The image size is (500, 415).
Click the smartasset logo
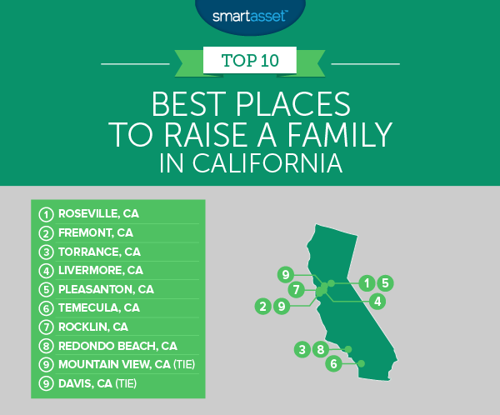pyautogui.click(x=250, y=16)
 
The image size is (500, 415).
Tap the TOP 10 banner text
pyautogui.click(x=250, y=60)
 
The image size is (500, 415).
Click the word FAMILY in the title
pyautogui.click(x=340, y=135)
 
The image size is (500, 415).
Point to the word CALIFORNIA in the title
pyautogui.click(x=267, y=163)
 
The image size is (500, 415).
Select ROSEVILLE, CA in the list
pyautogui.click(x=98, y=213)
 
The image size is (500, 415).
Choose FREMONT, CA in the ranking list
pyautogui.click(x=96, y=232)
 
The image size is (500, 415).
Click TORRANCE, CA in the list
pyautogui.click(x=99, y=252)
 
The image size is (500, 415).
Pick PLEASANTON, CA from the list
pyautogui.click(x=106, y=289)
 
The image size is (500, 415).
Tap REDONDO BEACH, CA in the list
pyautogui.click(x=117, y=346)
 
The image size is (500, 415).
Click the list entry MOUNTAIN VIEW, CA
pyautogui.click(x=114, y=364)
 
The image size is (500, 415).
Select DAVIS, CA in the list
pyautogui.click(x=85, y=383)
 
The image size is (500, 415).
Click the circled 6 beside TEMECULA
pyautogui.click(x=46, y=308)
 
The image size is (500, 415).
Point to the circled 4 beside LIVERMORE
pyautogui.click(x=46, y=271)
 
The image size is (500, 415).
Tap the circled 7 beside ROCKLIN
pyautogui.click(x=46, y=327)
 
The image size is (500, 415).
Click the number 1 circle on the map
pyautogui.click(x=367, y=283)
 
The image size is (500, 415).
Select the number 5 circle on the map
pyautogui.click(x=385, y=283)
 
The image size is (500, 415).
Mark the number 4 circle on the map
pyautogui.click(x=377, y=301)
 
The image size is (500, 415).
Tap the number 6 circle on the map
pyautogui.click(x=333, y=363)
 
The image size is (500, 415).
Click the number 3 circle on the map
pyautogui.click(x=302, y=349)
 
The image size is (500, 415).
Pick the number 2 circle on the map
pyautogui.click(x=262, y=307)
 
